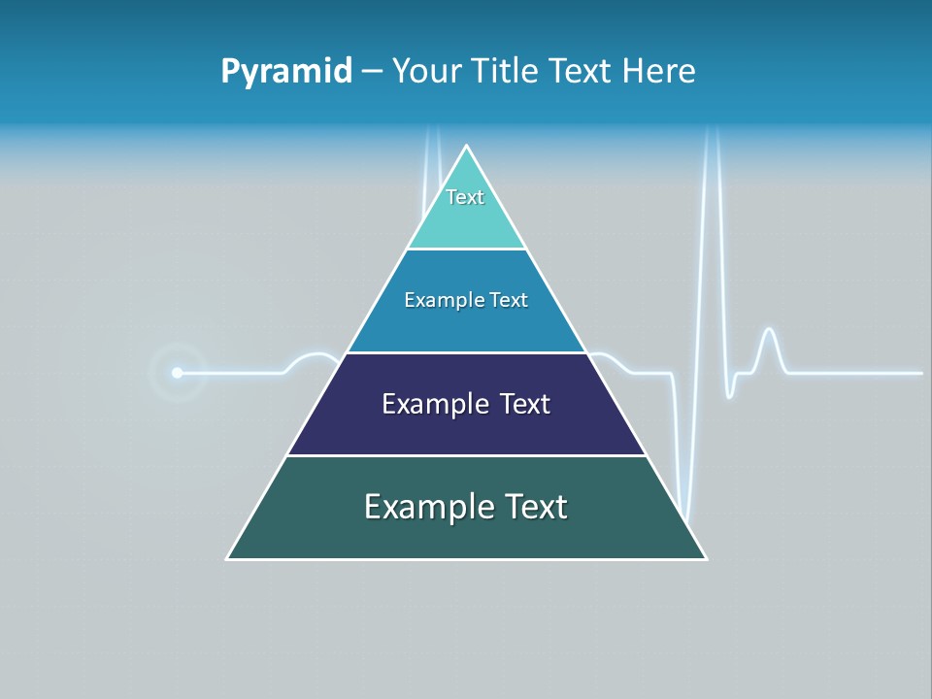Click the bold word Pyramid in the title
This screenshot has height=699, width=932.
286,72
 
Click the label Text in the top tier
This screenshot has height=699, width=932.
465,197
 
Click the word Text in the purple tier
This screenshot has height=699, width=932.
525,404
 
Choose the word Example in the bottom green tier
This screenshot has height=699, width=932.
428,507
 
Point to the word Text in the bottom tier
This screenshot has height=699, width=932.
535,507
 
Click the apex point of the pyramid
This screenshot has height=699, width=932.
467,146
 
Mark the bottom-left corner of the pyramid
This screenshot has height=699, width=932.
227,558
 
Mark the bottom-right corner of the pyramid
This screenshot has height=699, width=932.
706,558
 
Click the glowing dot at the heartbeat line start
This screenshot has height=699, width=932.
177,373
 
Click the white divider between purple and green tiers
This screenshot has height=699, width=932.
466,455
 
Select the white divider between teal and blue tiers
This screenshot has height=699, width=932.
466,250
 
